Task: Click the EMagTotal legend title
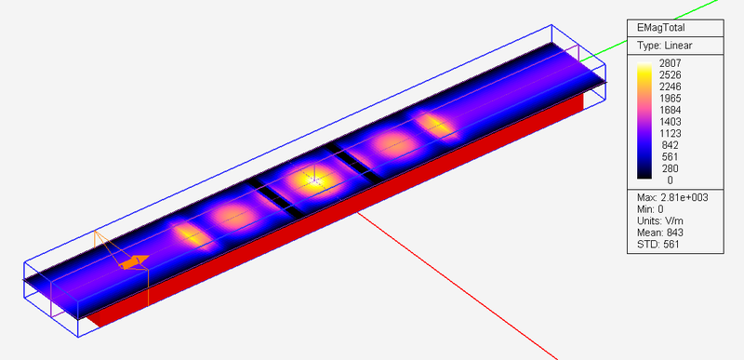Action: [x=662, y=28]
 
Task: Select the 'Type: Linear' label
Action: [x=665, y=46]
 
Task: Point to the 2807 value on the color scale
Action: [x=670, y=63]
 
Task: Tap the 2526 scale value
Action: [x=670, y=75]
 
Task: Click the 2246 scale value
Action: [x=670, y=87]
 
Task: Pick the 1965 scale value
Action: [x=670, y=99]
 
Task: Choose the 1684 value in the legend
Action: [x=670, y=110]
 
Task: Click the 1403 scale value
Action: [x=670, y=122]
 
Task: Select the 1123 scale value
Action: [x=670, y=133]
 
